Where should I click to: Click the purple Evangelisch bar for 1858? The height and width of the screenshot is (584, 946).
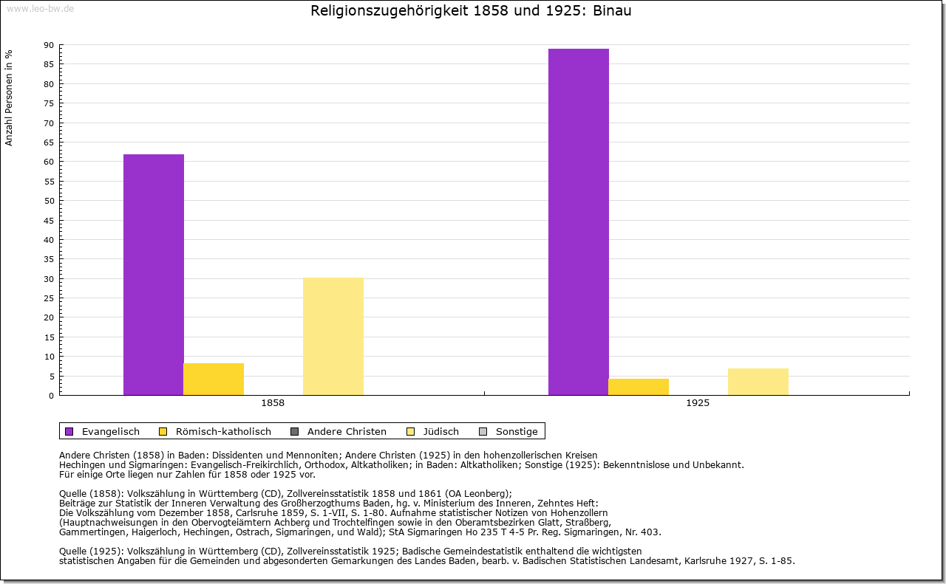coord(154,275)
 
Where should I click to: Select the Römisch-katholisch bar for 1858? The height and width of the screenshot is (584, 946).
coord(214,379)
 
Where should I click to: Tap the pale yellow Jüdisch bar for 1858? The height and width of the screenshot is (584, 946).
coord(333,337)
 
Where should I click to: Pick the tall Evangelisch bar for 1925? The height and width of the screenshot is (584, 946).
coord(579,222)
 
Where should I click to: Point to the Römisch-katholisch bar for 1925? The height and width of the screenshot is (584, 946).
coord(639,387)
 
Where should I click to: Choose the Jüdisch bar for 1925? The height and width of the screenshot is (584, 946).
coord(758,382)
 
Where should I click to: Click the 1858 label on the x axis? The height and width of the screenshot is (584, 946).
coord(273,403)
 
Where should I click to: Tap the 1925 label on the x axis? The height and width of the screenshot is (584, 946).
coord(698,403)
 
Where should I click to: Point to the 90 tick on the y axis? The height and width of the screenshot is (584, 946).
coord(49,45)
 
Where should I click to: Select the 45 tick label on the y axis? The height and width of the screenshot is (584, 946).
coord(49,221)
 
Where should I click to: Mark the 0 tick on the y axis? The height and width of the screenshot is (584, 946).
coord(52,396)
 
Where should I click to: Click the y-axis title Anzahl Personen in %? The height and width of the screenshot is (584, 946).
coord(9,98)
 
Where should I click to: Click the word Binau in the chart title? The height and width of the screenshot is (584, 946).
coord(612,10)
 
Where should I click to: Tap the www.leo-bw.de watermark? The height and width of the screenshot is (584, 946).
coord(41,9)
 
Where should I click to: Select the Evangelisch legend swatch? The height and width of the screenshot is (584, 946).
coord(69,431)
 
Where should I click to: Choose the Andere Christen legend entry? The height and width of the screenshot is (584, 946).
coord(338,431)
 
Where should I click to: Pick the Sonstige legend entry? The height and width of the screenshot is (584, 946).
coord(508,431)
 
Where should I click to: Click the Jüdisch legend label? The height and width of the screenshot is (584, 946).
coord(441,431)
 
